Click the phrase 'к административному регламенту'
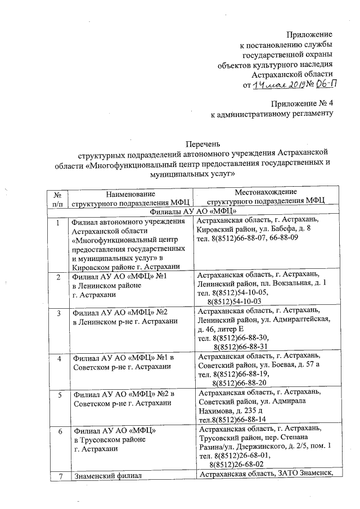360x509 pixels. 272,115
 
